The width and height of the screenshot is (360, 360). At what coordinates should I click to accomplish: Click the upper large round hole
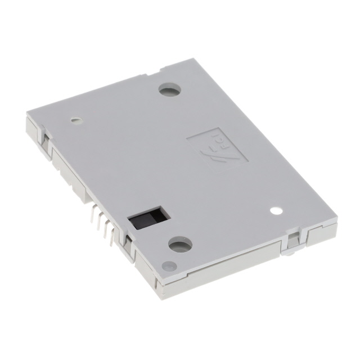point(169,89)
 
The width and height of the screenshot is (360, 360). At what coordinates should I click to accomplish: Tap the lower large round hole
point(180,244)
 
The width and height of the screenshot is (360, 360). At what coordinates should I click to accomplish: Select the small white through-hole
point(276,211)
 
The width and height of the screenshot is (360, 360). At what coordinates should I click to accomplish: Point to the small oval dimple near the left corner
point(75,120)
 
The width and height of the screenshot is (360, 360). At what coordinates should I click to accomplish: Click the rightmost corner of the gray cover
point(336,218)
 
